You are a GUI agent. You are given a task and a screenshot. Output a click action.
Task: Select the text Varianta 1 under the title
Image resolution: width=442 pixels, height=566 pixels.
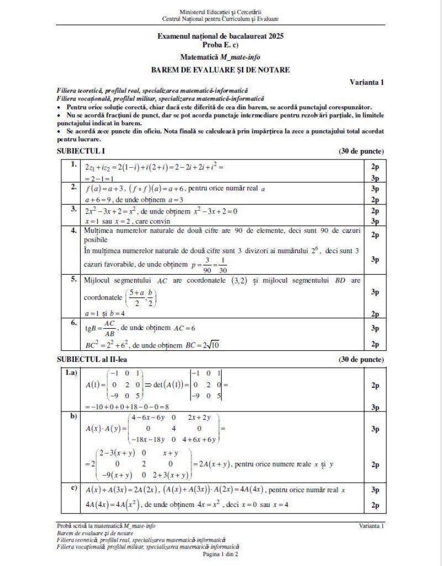(x=367, y=82)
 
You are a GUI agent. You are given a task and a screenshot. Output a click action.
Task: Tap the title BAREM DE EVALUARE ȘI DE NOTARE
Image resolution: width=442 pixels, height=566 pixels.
(x=220, y=70)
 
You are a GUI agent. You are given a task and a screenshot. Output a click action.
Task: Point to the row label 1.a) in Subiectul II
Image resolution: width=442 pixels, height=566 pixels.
(x=71, y=373)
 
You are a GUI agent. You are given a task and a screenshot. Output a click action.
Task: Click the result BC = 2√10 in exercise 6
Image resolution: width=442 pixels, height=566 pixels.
(x=202, y=345)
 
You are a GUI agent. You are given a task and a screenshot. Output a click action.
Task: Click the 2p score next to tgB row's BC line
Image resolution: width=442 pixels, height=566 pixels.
(x=375, y=345)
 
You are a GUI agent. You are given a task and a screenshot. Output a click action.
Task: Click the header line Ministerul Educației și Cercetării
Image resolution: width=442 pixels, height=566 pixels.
(x=220, y=11)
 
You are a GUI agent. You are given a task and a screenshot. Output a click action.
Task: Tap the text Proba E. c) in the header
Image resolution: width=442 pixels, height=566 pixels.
(x=220, y=45)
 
